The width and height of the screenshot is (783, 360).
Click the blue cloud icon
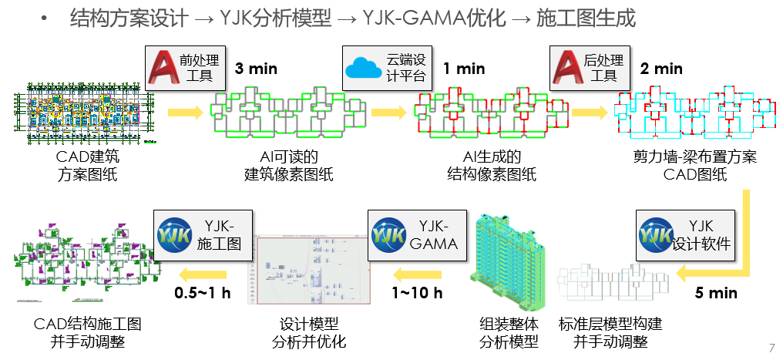coord(364,67)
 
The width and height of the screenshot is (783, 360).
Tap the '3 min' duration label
coord(256,69)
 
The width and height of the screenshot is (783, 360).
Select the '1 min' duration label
coord(464,69)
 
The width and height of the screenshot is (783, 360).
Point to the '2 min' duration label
coord(661,69)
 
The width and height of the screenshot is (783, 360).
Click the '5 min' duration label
coord(716,293)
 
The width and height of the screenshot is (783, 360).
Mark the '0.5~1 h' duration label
coord(201,293)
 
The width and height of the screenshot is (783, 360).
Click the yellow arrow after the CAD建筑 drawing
coord(186,113)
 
